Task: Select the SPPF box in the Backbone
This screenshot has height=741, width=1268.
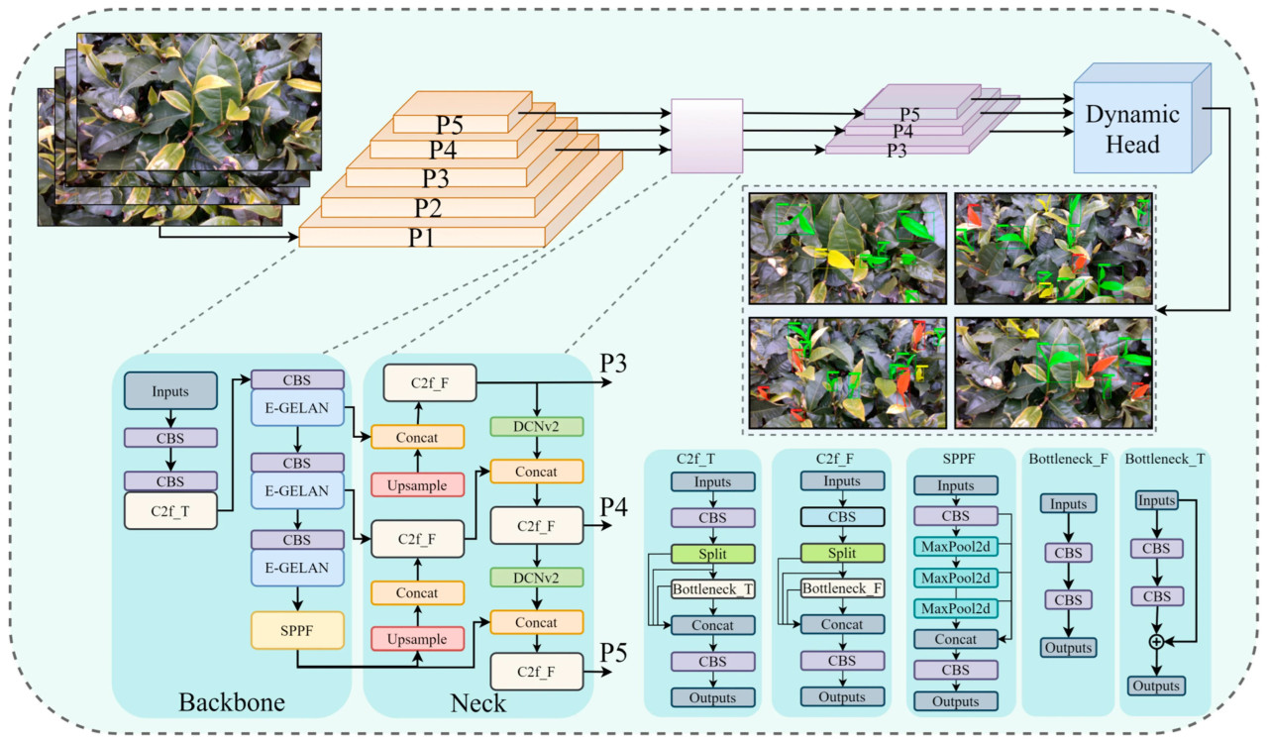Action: (x=296, y=629)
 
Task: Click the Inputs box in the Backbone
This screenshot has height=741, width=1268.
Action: (x=170, y=390)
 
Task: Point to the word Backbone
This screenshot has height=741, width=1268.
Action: (x=232, y=702)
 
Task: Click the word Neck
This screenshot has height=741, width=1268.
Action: (x=478, y=702)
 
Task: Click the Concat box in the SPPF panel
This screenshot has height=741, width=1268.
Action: (x=956, y=639)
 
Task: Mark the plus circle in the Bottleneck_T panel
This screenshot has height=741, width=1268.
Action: (x=1156, y=642)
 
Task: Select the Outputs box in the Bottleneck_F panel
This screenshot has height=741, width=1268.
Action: (x=1066, y=648)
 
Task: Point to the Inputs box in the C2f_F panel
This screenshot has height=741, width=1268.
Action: (x=843, y=480)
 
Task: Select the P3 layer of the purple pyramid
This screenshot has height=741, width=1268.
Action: (x=896, y=151)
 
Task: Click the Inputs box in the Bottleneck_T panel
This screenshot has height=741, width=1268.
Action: (x=1156, y=500)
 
